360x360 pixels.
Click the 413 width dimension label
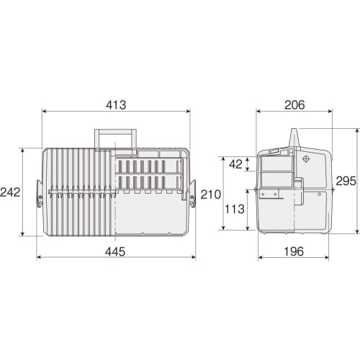(115, 104)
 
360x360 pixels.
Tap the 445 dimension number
(115, 251)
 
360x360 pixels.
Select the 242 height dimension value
(10, 192)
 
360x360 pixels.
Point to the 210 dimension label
(210, 194)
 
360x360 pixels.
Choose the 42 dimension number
(235, 164)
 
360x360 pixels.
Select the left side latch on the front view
(40, 197)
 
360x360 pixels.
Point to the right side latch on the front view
(192, 197)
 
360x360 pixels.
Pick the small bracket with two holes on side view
(269, 194)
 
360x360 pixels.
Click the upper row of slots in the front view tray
(148, 166)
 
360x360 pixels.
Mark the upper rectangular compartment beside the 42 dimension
(276, 164)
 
